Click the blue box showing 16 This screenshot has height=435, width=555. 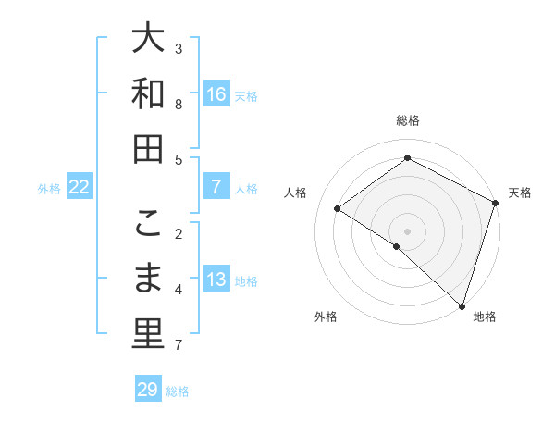tap(216, 94)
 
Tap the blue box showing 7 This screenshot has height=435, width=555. tap(216, 187)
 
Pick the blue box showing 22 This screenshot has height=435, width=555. tap(80, 187)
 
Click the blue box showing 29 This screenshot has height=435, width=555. tap(147, 390)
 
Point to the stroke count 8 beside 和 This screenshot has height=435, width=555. tap(179, 104)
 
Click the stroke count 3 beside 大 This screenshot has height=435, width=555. tap(179, 48)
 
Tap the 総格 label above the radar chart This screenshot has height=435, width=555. tap(408, 120)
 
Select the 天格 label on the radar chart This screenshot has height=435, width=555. tap(520, 193)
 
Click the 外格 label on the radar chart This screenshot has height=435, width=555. tap(326, 317)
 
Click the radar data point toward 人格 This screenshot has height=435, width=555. tap(338, 209)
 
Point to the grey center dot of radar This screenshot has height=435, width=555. tap(407, 230)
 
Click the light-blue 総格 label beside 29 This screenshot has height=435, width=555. tap(178, 391)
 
